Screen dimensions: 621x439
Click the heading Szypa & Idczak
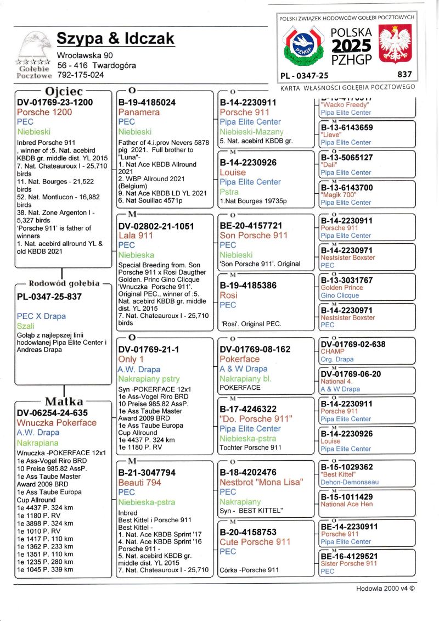pyautogui.click(x=115, y=38)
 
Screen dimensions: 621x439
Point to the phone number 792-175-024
pyautogui.click(x=81, y=75)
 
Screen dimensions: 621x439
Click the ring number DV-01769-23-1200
pyautogui.click(x=55, y=102)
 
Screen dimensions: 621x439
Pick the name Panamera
pyautogui.click(x=139, y=112)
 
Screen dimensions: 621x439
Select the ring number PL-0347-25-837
pyautogui.click(x=49, y=296)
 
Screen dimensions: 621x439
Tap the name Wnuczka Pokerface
pyautogui.click(x=57, y=423)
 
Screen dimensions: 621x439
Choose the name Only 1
pyautogui.click(x=131, y=359)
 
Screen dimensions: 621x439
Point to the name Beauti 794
pyautogui.click(x=139, y=482)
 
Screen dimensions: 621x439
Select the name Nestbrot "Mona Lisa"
pyautogui.click(x=261, y=482)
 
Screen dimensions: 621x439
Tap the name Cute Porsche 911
pyautogui.click(x=255, y=542)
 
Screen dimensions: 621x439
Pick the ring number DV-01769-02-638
pyautogui.click(x=353, y=345)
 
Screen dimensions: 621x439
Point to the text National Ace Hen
pyautogui.click(x=346, y=504)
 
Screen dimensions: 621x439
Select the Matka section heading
pyautogui.click(x=64, y=401)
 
